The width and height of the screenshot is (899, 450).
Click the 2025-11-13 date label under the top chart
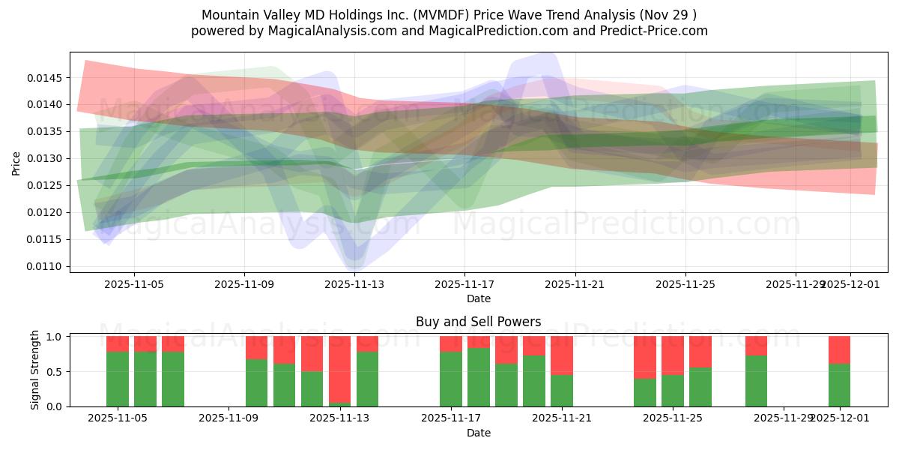[x=354, y=285]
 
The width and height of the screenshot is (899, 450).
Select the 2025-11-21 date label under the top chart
[x=575, y=285]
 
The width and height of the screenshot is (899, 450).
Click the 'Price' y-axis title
[x=16, y=162]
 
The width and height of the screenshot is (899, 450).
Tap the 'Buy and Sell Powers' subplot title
[x=478, y=322]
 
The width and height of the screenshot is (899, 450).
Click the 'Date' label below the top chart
[x=478, y=298]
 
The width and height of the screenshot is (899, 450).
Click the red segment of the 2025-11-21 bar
[x=561, y=354]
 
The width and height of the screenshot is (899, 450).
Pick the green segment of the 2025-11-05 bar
[x=118, y=379]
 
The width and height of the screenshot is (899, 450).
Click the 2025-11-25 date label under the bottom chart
[x=672, y=418]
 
